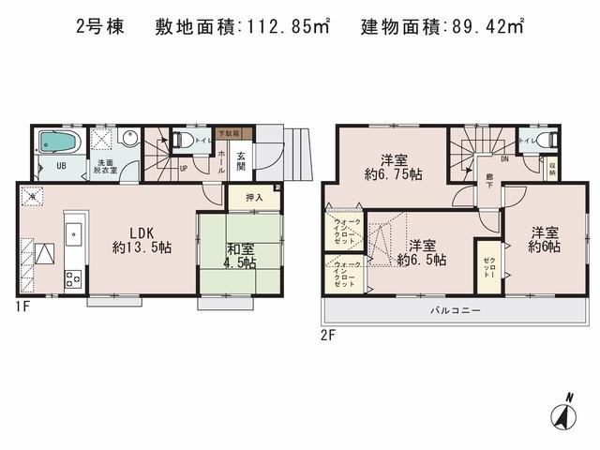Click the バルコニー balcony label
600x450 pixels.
pyautogui.click(x=455, y=309)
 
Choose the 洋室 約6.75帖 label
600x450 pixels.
pyautogui.click(x=391, y=165)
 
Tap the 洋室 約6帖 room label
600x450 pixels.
pyautogui.click(x=543, y=238)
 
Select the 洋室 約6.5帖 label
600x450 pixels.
pyautogui.click(x=421, y=250)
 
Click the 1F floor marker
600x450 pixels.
pyautogui.click(x=23, y=306)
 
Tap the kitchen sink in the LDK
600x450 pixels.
pyautogui.click(x=75, y=233)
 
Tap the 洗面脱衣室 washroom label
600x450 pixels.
pyautogui.click(x=103, y=168)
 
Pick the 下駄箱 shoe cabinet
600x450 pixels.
pyautogui.click(x=228, y=134)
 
